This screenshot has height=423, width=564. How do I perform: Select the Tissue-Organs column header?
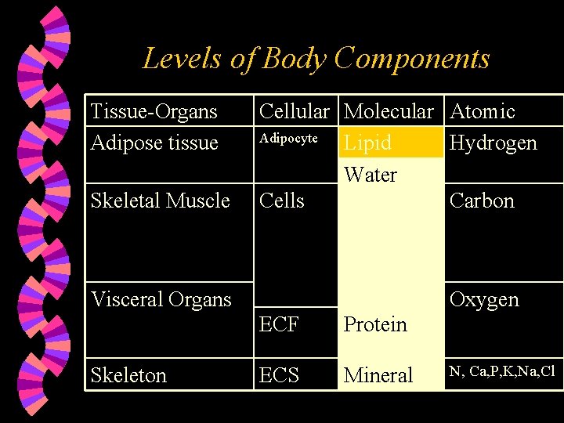(x=154, y=111)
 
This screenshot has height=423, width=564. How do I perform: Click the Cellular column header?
(x=295, y=111)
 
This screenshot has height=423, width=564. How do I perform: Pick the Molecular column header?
(x=389, y=111)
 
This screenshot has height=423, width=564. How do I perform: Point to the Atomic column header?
(x=483, y=111)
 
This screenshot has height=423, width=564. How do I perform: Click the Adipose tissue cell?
(x=154, y=143)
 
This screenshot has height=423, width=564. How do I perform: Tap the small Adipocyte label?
(x=288, y=139)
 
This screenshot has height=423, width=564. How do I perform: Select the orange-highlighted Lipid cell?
(x=368, y=143)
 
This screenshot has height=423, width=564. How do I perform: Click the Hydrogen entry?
(x=493, y=143)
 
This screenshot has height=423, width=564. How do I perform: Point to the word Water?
(x=371, y=175)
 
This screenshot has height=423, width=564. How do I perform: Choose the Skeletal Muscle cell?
(x=161, y=201)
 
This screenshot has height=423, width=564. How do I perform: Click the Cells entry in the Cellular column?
(x=282, y=201)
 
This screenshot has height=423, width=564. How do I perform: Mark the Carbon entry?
(x=482, y=201)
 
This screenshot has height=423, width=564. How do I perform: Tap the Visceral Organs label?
(x=161, y=299)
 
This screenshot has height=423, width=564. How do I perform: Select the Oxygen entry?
(x=484, y=299)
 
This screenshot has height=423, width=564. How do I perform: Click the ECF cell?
(x=279, y=324)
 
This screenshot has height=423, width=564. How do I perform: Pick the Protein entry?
(x=376, y=324)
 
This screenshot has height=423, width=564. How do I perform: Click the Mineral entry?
(x=378, y=375)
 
